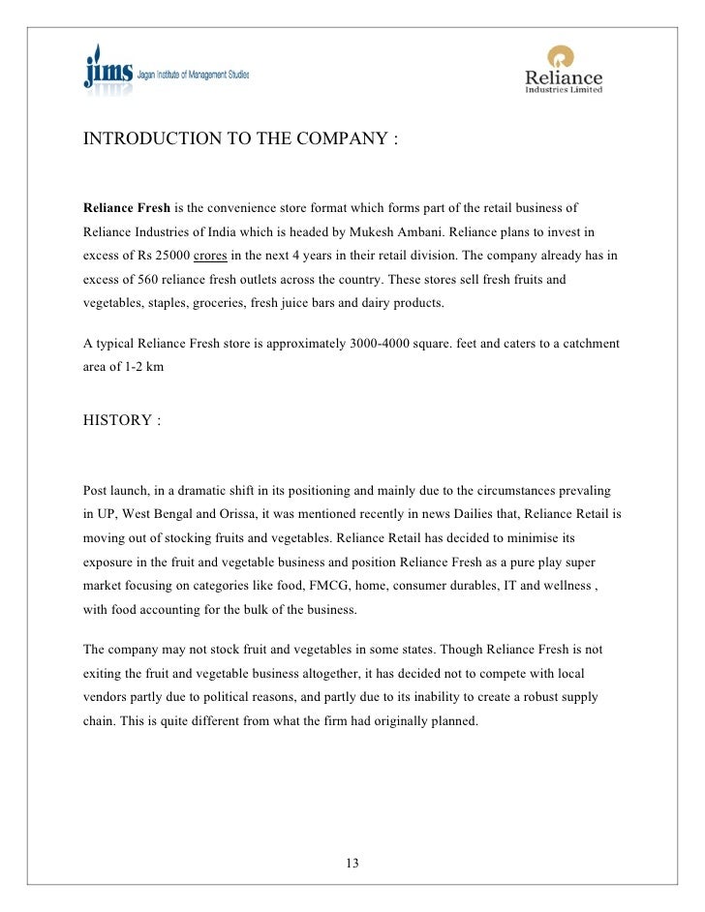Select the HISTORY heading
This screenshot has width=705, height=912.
[x=116, y=421]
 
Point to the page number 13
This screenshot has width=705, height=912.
[x=352, y=863]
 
